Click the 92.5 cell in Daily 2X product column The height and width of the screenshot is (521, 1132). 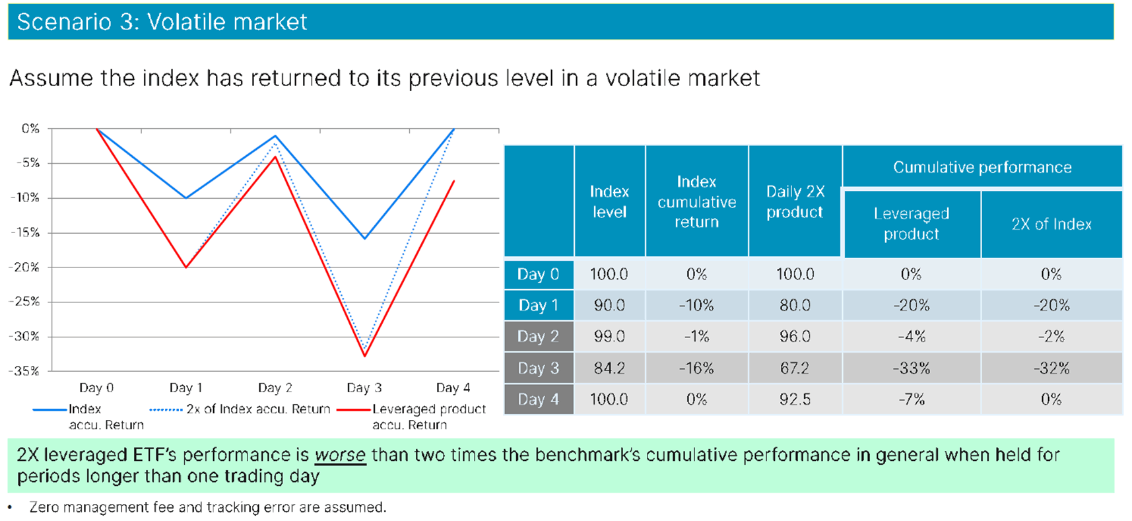(x=795, y=399)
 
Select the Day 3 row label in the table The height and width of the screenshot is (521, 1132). (x=538, y=368)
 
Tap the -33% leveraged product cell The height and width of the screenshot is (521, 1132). (x=911, y=368)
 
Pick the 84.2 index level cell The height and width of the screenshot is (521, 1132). (x=609, y=368)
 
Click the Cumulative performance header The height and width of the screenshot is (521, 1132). (x=982, y=168)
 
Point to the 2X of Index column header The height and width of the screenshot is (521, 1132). (x=1051, y=225)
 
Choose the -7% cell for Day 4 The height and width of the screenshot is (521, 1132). (x=911, y=399)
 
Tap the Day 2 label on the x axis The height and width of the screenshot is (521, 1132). (x=275, y=388)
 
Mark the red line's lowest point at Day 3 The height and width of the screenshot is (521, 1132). (x=365, y=356)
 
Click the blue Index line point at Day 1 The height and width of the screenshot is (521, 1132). (x=186, y=197)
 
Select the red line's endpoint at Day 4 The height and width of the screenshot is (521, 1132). (x=453, y=181)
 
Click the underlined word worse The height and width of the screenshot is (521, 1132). (x=340, y=455)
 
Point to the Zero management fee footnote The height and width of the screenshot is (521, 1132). (x=207, y=507)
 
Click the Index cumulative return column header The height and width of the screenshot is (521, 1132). (x=696, y=202)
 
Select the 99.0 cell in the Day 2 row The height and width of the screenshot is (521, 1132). (x=609, y=337)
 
